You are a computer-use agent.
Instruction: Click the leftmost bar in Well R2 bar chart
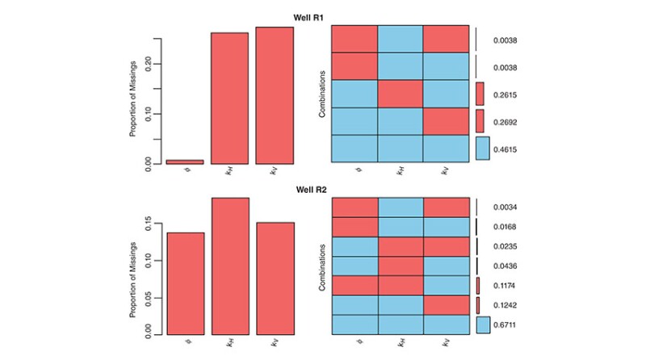click(x=185, y=283)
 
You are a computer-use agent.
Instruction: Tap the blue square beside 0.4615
click(x=483, y=149)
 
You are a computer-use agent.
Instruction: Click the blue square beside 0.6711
click(x=483, y=324)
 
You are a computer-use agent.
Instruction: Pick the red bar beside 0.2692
click(x=480, y=121)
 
